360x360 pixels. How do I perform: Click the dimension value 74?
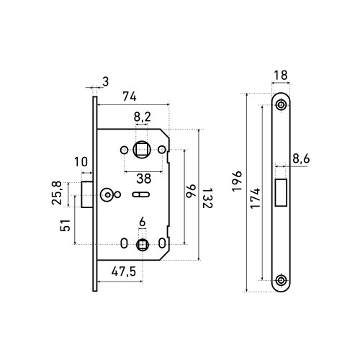click(x=130, y=96)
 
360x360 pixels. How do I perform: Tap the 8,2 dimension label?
click(x=142, y=117)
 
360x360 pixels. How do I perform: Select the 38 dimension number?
click(x=144, y=179)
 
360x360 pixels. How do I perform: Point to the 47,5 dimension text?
click(x=124, y=271)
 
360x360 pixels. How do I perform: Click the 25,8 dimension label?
click(x=57, y=193)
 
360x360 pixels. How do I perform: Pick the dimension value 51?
click(x=66, y=225)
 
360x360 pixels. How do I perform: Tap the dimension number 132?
click(x=207, y=198)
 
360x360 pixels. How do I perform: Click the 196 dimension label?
click(x=237, y=181)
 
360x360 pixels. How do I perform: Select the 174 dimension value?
click(x=256, y=199)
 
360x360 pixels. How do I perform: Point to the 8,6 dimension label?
click(x=301, y=159)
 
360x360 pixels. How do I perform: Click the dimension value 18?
click(x=281, y=76)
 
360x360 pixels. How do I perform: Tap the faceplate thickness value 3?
click(x=106, y=81)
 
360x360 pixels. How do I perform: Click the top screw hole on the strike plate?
click(x=281, y=105)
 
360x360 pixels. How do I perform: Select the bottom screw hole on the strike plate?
click(x=281, y=280)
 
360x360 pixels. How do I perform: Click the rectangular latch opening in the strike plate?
click(x=281, y=192)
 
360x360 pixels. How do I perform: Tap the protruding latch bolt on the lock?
click(x=87, y=194)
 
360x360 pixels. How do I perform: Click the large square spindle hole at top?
click(x=142, y=150)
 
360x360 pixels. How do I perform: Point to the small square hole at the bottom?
click(x=143, y=245)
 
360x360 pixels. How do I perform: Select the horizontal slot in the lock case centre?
click(x=141, y=194)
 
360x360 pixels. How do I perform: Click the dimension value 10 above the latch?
click(x=81, y=162)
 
